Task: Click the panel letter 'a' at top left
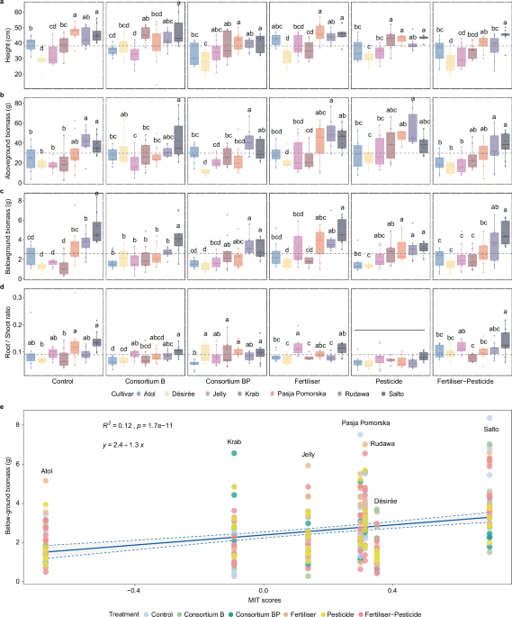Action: pos(4,4)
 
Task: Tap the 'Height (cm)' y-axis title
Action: pos(6,46)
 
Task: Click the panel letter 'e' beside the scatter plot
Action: pos(4,407)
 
